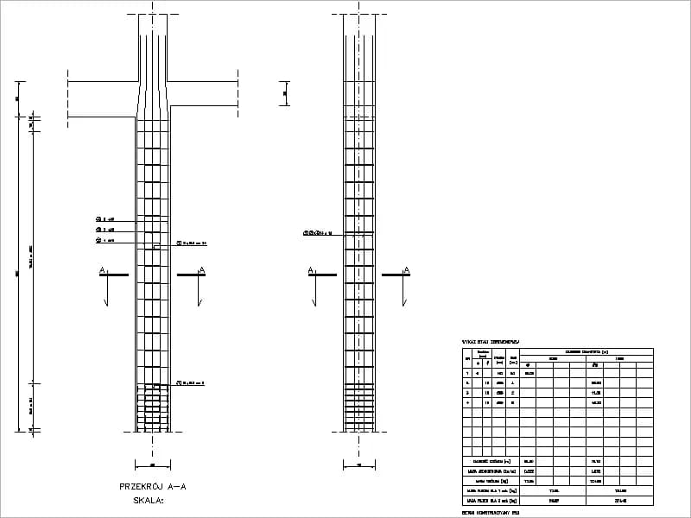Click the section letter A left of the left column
coord(103,271)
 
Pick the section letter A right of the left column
coord(202,271)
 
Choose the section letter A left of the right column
coord(310,271)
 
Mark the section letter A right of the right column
coord(406,271)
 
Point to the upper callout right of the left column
coord(193,243)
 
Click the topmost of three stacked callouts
coord(106,218)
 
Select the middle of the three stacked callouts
coord(106,230)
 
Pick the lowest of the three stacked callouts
coord(106,241)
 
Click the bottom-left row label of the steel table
coord(491,501)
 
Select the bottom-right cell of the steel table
coord(619,501)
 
